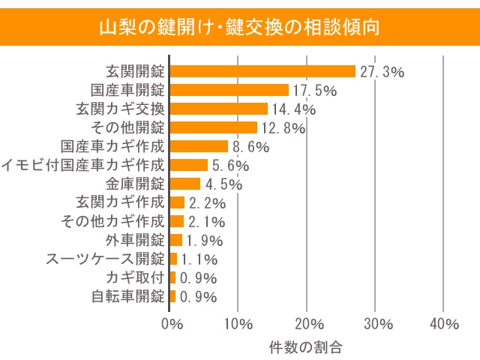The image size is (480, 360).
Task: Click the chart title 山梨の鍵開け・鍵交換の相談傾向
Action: pyautogui.click(x=240, y=28)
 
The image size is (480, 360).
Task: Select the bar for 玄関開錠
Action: pyautogui.click(x=262, y=71)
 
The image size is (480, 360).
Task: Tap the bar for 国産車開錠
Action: pyautogui.click(x=229, y=90)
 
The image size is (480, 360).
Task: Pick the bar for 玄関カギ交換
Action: pyautogui.click(x=218, y=109)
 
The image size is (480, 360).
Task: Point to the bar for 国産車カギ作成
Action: pyautogui.click(x=199, y=146)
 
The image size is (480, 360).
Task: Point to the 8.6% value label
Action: pyautogui.click(x=250, y=147)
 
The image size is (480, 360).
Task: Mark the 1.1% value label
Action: pyautogui.click(x=199, y=259)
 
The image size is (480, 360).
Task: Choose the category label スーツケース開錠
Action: pyautogui.click(x=105, y=259)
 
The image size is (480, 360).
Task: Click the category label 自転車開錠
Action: pyautogui.click(x=127, y=296)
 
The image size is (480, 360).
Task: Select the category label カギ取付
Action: pyautogui.click(x=135, y=277)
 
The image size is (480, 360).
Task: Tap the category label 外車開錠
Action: pyautogui.click(x=135, y=240)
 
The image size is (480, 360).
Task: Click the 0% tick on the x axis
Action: pyautogui.click(x=172, y=324)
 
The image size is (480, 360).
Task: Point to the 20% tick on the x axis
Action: pyautogui.click(x=308, y=324)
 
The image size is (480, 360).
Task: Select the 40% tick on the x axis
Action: pyautogui.click(x=445, y=324)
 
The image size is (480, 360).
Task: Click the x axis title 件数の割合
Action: pyautogui.click(x=304, y=347)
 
